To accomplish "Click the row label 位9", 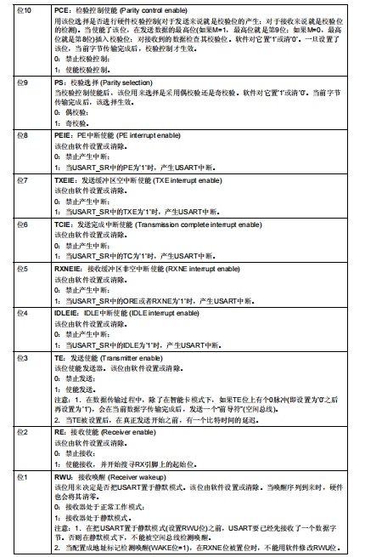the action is (x=24, y=82).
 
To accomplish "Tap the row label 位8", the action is (x=24, y=135).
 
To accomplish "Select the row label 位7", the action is (x=24, y=179).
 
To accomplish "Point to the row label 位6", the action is (x=24, y=224).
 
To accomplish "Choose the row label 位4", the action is (x=24, y=312).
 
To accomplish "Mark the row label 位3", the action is (x=24, y=357).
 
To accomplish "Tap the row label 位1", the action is (x=24, y=477).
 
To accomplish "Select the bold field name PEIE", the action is (x=63, y=135).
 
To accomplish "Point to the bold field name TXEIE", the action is (x=65, y=179).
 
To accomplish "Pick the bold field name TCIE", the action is (x=63, y=224).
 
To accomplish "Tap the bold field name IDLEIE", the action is (x=65, y=312).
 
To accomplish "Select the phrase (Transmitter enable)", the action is (x=138, y=357).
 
